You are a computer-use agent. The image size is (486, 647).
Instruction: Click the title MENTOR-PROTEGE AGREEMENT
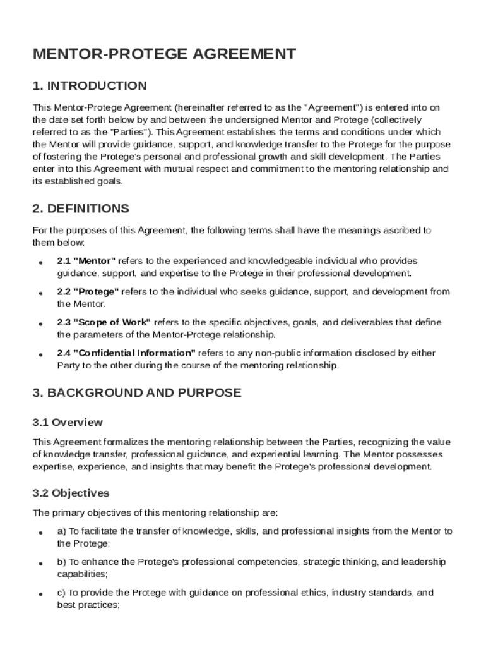164,54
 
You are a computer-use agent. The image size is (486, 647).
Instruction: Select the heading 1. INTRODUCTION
90,86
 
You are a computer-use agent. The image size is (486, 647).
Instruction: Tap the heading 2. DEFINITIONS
81,209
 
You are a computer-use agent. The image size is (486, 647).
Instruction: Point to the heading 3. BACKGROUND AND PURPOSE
136,392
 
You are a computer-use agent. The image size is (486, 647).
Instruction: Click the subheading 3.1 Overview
68,422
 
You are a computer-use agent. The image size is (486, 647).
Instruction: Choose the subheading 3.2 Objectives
71,493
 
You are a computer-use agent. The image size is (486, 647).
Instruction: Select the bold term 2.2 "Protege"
88,292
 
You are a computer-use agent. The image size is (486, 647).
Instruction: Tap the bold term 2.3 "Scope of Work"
104,322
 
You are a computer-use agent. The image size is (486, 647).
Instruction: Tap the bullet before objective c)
40,595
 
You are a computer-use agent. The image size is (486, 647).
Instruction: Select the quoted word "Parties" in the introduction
129,132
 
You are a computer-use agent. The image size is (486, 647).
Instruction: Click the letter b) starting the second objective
61,562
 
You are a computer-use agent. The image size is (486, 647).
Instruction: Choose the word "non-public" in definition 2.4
293,353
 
